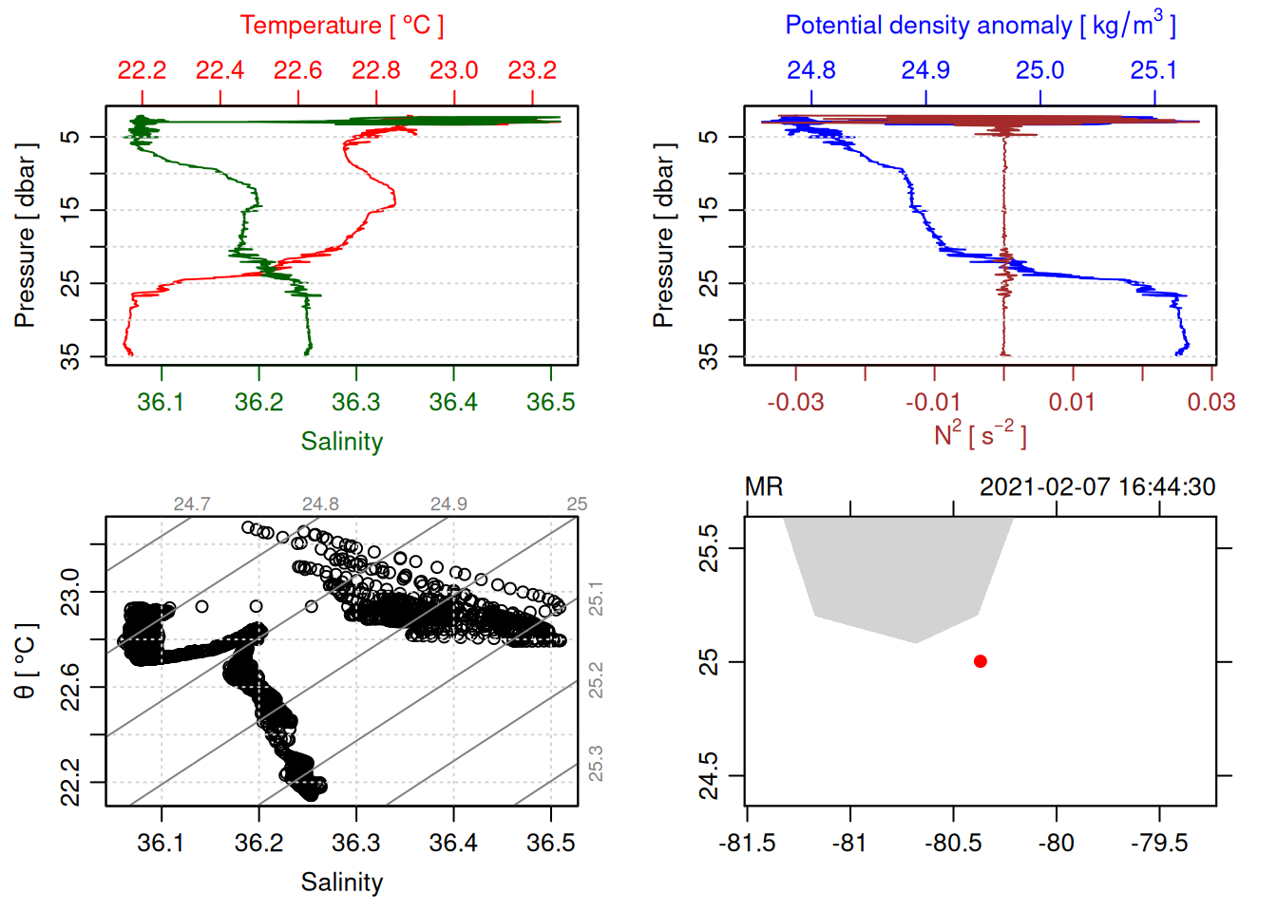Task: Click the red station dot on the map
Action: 980,661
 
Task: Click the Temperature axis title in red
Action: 341,26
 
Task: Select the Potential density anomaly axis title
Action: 980,25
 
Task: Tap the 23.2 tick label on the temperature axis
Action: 532,70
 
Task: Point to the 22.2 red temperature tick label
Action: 142,70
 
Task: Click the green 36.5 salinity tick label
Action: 551,402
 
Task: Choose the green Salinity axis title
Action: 341,442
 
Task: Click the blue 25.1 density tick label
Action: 1153,70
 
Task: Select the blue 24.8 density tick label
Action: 811,70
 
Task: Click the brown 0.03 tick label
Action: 1210,402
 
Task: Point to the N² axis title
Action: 980,435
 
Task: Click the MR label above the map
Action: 764,487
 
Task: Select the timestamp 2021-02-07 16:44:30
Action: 1097,487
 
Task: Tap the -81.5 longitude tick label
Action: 747,843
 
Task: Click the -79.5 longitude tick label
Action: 1159,843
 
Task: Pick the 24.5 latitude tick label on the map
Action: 709,776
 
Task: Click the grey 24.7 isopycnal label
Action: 192,504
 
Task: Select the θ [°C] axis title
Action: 26,661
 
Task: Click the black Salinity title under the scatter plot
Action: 341,883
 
